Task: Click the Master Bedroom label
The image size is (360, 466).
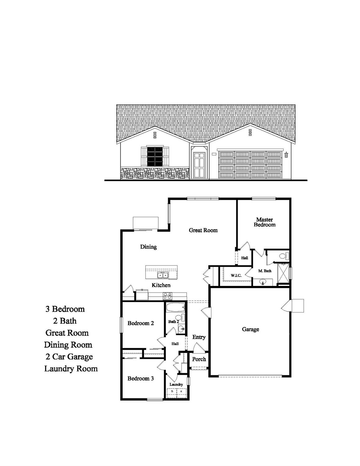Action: coord(265,222)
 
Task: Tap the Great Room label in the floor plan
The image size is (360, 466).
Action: coord(203,230)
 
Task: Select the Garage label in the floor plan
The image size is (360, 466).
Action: coord(250,329)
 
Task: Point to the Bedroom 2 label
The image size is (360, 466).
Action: coord(141,323)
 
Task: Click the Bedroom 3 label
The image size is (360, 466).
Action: coord(141,378)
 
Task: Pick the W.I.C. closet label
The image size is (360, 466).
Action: coord(236,275)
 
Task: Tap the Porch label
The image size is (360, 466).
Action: coord(199,359)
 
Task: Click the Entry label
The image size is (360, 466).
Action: coord(199,337)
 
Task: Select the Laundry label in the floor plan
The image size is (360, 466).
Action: coord(176,385)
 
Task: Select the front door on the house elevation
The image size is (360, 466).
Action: coord(199,165)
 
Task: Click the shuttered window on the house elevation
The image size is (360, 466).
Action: coord(155,156)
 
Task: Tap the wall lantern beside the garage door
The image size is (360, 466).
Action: coord(286,155)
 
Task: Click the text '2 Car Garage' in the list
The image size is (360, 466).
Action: coord(69,357)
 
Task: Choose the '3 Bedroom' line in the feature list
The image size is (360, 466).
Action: coord(65,309)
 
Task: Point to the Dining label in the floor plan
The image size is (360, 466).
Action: coord(148,247)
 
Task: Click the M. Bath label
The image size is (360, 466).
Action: coord(265,271)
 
